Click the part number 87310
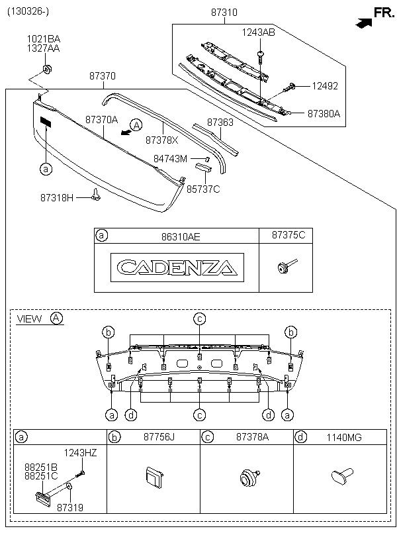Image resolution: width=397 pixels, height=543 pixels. pyautogui.click(x=224, y=12)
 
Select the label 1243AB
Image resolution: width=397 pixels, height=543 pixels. pyautogui.click(x=258, y=32)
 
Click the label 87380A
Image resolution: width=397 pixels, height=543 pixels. pyautogui.click(x=324, y=113)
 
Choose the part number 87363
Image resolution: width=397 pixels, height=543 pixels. pyautogui.click(x=220, y=123)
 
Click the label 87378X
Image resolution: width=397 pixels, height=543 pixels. pyautogui.click(x=162, y=140)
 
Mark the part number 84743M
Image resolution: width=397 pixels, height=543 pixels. pyautogui.click(x=171, y=159)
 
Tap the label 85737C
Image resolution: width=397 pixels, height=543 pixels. pyautogui.click(x=203, y=189)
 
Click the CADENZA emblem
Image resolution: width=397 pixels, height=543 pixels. pyautogui.click(x=176, y=268)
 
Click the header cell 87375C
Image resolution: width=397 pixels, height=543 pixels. pyautogui.click(x=288, y=235)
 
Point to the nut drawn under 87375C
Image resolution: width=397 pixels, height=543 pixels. pyautogui.click(x=284, y=268)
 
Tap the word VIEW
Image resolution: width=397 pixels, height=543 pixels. pyautogui.click(x=29, y=319)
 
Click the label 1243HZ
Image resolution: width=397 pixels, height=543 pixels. pyautogui.click(x=80, y=453)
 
